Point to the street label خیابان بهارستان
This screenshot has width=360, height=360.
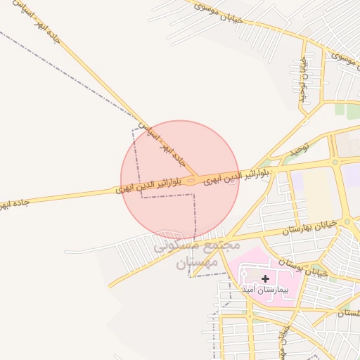point(310,226)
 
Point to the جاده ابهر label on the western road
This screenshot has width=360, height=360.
point(14,203)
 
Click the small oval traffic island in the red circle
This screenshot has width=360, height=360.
point(191,181)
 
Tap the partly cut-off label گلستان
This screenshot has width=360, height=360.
point(348,313)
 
